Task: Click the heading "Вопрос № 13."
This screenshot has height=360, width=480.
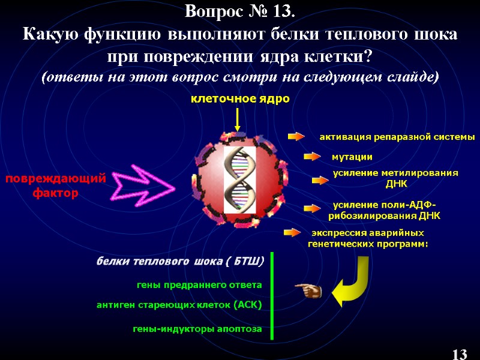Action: point(240,11)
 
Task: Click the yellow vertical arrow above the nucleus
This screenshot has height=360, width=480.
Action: point(238,119)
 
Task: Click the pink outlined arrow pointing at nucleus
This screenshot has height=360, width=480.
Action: point(144,186)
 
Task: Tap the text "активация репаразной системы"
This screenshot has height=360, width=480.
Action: point(397,137)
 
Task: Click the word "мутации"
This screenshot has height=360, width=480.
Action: point(352,157)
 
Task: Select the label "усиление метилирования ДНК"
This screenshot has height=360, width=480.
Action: point(395,178)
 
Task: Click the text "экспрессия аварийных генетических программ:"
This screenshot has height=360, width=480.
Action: point(367,238)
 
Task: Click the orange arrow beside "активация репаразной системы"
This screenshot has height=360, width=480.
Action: point(297,137)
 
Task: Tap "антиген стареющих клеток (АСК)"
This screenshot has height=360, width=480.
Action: point(179,305)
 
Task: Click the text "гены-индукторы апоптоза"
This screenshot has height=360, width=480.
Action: point(197,329)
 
